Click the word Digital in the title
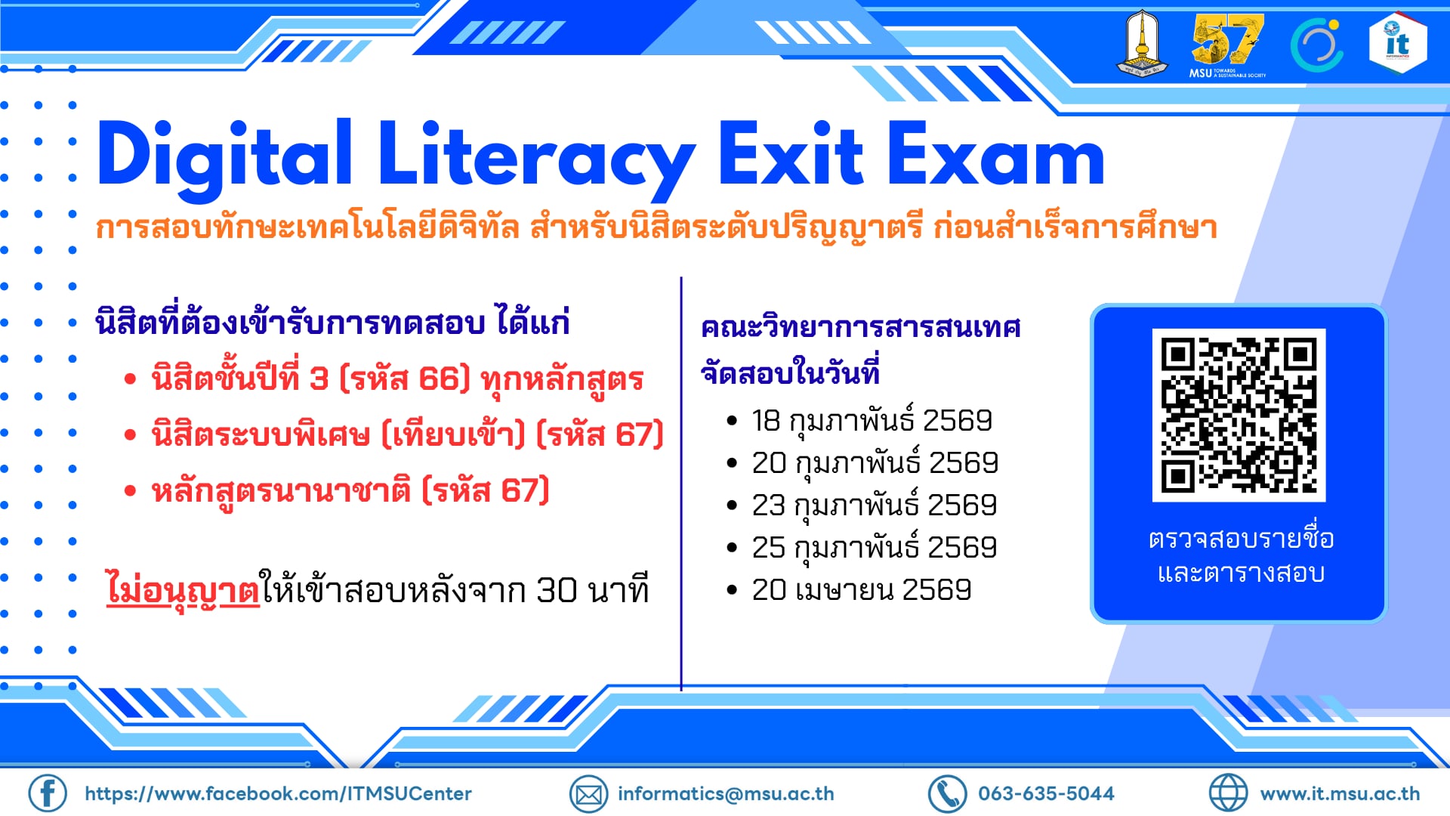224,156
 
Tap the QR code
1239,415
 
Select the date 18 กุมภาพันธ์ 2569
872,421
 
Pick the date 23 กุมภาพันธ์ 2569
874,505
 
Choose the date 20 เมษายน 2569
861,589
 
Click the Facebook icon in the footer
48,793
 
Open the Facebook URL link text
278,793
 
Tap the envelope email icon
588,794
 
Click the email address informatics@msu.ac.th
726,793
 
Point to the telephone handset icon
947,794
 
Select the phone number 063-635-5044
1046,793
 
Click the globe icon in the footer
1228,793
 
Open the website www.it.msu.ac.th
1340,793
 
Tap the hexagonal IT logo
1397,43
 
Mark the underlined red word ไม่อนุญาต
183,590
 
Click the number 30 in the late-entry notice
557,590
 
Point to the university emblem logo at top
1141,42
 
